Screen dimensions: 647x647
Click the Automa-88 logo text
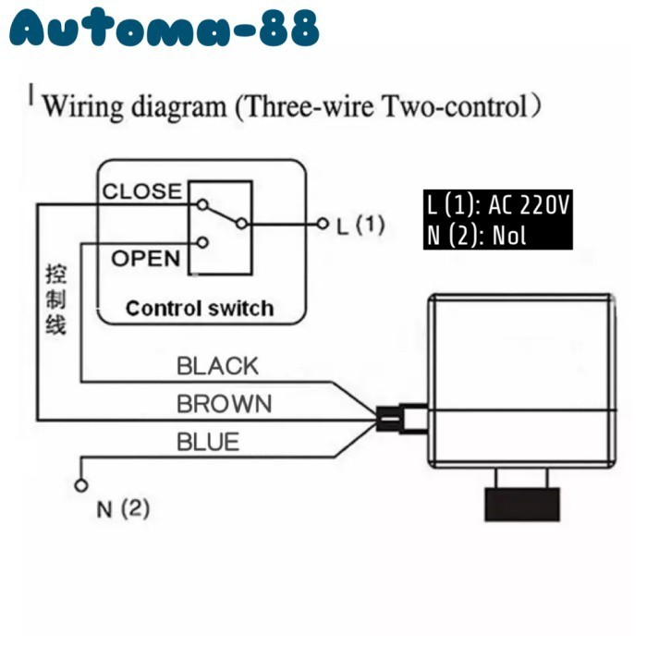pyautogui.click(x=165, y=31)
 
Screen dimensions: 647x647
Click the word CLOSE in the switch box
pyautogui.click(x=141, y=191)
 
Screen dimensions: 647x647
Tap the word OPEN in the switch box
pyautogui.click(x=146, y=258)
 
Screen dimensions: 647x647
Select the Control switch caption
pyautogui.click(x=200, y=308)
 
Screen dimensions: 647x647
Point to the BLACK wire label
pyautogui.click(x=218, y=366)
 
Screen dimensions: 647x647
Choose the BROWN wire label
pyautogui.click(x=225, y=404)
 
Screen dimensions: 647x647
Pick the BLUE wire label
pyautogui.click(x=208, y=442)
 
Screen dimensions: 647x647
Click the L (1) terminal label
pyautogui.click(x=360, y=225)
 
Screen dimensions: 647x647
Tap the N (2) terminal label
pyautogui.click(x=122, y=508)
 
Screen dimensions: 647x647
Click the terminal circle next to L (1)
pyautogui.click(x=323, y=224)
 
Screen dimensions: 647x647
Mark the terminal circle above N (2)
pyautogui.click(x=80, y=485)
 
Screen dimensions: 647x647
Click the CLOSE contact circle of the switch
pyautogui.click(x=201, y=203)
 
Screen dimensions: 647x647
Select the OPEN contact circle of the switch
pyautogui.click(x=201, y=242)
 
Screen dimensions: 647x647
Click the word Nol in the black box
pyautogui.click(x=509, y=235)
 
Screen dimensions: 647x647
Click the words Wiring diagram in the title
pyautogui.click(x=134, y=106)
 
